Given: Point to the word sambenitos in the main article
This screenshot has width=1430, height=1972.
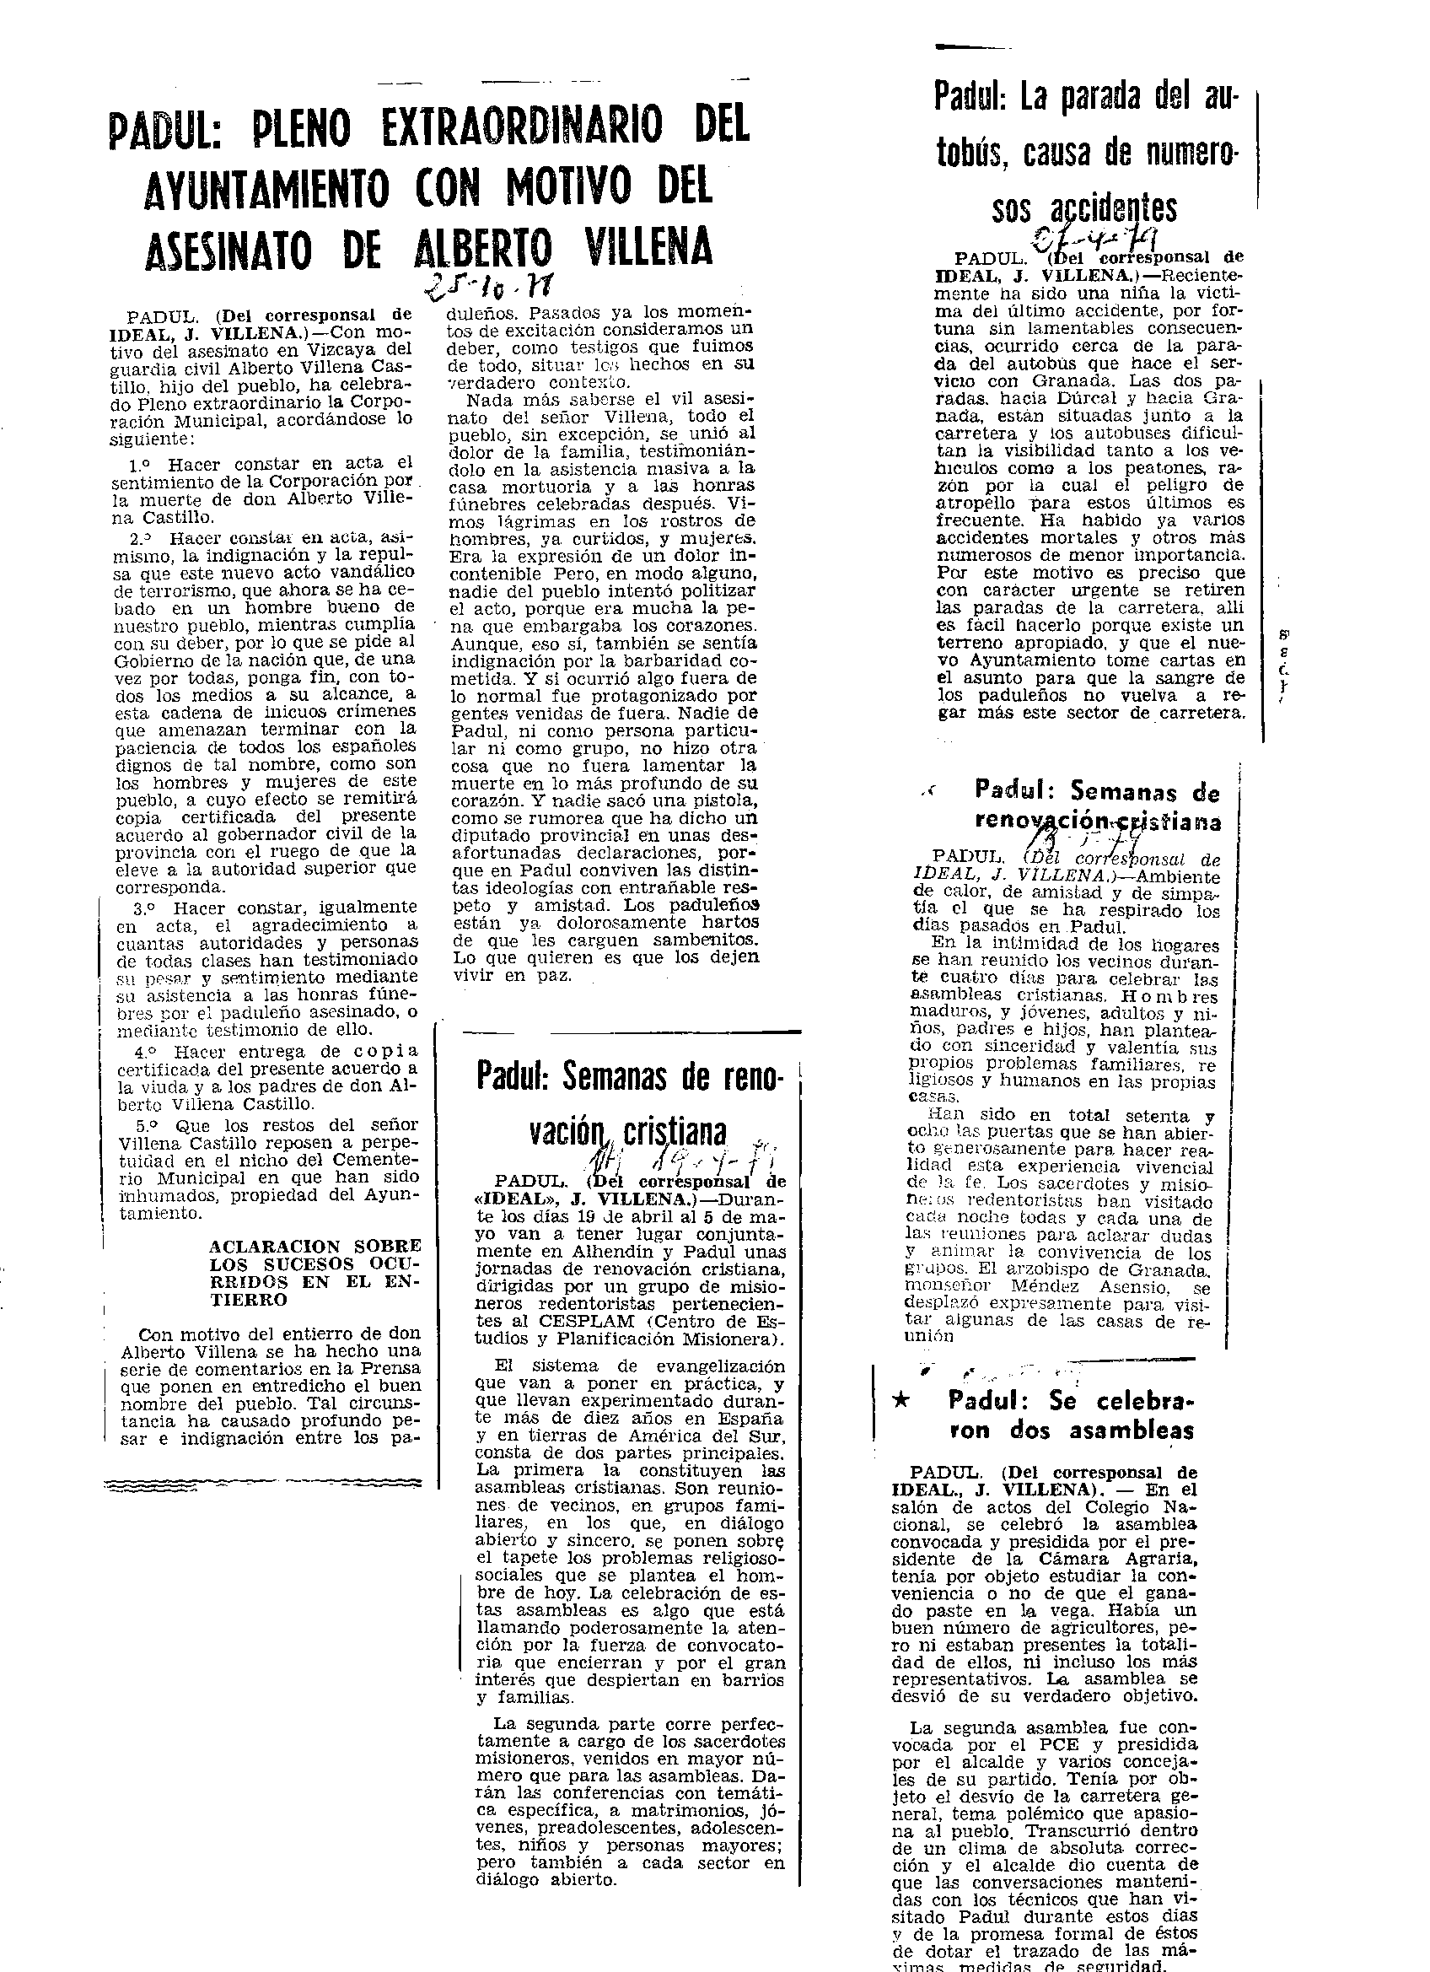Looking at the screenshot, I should pos(698,940).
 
